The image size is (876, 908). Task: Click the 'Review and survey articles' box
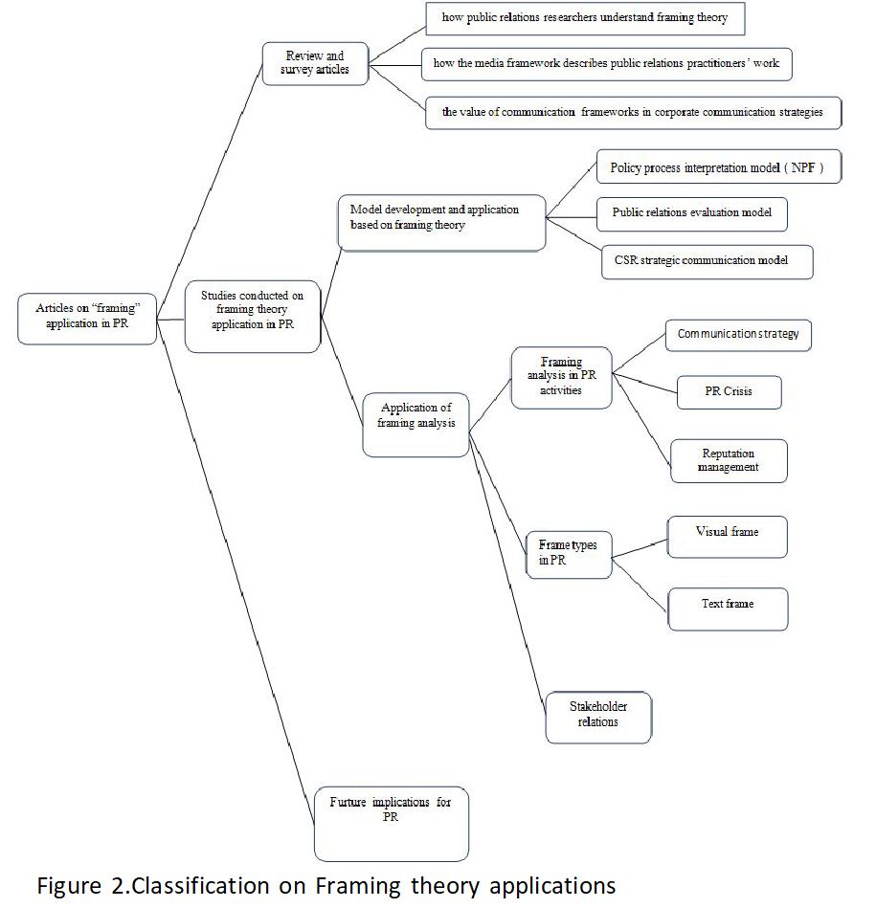[x=315, y=64]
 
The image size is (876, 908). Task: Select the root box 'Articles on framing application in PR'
[x=87, y=319]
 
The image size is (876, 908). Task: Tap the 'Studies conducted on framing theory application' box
[x=253, y=317]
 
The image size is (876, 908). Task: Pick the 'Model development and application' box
[x=442, y=223]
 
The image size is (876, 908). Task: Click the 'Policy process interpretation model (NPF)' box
[x=719, y=166]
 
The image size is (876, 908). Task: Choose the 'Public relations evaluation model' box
[x=692, y=214]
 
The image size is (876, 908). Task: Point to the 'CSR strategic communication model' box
[x=708, y=262]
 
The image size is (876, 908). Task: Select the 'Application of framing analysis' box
[x=416, y=425]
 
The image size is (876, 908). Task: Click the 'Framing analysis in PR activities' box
[x=561, y=378]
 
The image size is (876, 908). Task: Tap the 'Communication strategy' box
[x=738, y=335]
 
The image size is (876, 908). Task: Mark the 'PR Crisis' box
[x=729, y=392]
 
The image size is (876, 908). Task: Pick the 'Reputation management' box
[x=729, y=461]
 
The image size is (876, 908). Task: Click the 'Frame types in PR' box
[x=569, y=555]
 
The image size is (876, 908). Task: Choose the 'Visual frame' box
[x=728, y=537]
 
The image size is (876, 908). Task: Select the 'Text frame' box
[x=729, y=609]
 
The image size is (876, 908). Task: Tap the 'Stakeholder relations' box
[x=598, y=718]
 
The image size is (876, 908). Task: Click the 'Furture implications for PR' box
[x=391, y=824]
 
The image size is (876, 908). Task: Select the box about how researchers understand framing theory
[x=585, y=18]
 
